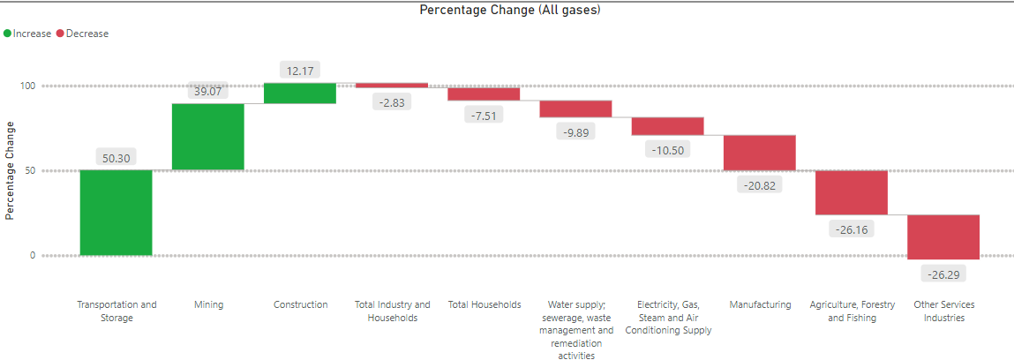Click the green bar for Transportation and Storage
[116, 213]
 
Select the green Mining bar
[207, 137]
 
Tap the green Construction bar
[300, 94]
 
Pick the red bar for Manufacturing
[759, 153]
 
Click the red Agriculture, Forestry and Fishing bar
[851, 192]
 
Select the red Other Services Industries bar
[943, 236]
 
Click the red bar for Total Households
[484, 94]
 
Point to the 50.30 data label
[116, 158]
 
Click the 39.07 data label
[208, 91]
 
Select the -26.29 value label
[943, 274]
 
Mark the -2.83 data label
[392, 103]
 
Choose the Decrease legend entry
[82, 34]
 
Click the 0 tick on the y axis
[31, 256]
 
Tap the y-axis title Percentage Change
[10, 171]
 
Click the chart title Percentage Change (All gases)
[509, 10]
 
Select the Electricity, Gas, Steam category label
[668, 318]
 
